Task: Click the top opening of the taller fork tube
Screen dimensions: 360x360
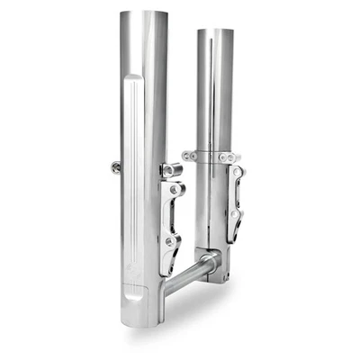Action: pyautogui.click(x=144, y=13)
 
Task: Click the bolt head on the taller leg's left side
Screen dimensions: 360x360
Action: pyautogui.click(x=116, y=166)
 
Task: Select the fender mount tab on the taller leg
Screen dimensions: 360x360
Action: pyautogui.click(x=171, y=169)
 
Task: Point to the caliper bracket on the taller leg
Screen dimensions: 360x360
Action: pyautogui.click(x=173, y=216)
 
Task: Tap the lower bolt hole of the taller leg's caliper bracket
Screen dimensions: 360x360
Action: pyautogui.click(x=171, y=241)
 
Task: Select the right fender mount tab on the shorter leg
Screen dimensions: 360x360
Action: pyautogui.click(x=236, y=157)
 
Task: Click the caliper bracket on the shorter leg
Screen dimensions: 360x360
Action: pyautogui.click(x=234, y=202)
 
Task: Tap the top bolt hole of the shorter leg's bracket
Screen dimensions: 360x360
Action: pyautogui.click(x=237, y=172)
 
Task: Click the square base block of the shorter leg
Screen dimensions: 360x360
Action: pyautogui.click(x=216, y=268)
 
